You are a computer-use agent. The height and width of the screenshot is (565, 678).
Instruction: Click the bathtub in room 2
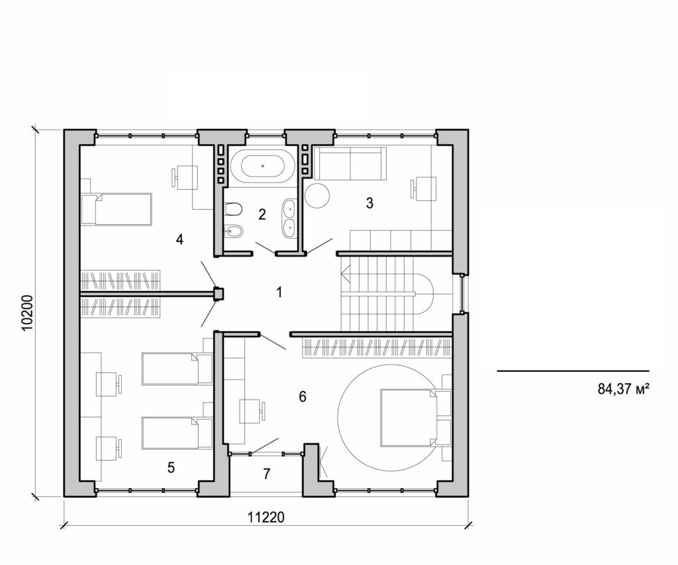264,165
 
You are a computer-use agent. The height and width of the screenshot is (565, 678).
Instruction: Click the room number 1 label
279,291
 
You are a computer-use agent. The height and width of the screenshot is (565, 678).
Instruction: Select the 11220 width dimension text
267,517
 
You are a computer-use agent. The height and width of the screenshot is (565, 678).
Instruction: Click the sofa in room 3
349,163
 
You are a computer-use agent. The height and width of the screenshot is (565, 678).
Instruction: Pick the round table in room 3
316,195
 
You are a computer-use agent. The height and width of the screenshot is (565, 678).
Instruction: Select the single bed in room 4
117,209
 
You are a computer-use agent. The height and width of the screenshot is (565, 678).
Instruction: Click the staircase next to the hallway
384,291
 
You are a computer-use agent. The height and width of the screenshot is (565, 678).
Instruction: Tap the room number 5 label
171,468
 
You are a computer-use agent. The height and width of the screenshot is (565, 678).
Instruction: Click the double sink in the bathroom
289,218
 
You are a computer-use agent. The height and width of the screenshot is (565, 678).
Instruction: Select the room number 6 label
303,397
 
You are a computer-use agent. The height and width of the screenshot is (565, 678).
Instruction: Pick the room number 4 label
179,239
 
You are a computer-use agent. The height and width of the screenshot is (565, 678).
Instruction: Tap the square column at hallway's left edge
217,293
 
